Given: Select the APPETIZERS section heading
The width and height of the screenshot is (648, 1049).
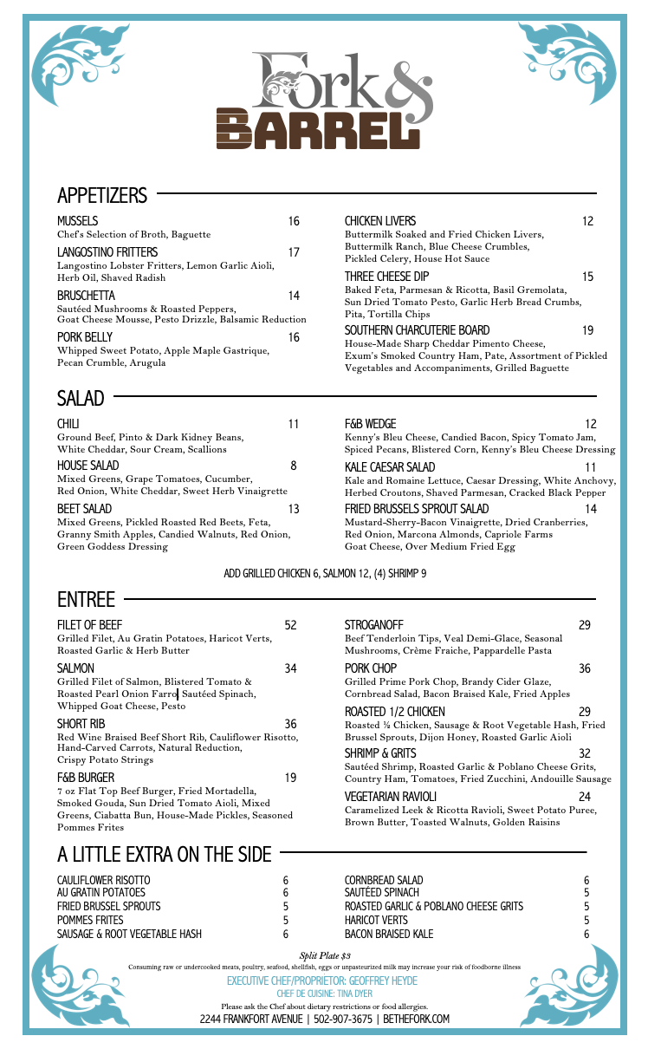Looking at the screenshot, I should [102, 195].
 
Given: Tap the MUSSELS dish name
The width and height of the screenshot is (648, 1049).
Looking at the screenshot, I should [77, 221].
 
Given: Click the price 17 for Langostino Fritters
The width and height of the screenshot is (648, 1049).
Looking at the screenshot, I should [294, 252].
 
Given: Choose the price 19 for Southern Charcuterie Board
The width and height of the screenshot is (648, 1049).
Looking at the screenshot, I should [587, 330].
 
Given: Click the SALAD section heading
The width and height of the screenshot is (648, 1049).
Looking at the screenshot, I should [81, 398].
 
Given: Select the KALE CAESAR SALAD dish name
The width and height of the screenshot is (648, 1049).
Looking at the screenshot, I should [390, 467].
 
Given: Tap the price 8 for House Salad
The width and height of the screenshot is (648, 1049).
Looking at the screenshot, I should [294, 466].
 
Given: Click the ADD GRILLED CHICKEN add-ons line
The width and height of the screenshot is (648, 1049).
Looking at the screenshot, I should [325, 574].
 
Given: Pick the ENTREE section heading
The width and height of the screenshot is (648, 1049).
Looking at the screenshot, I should [86, 599].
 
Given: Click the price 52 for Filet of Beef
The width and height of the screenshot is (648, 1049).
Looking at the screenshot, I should [290, 625].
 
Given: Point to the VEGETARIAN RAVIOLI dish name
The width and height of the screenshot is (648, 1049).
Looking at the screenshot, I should [391, 797].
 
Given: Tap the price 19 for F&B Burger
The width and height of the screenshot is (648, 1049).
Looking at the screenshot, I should [290, 778].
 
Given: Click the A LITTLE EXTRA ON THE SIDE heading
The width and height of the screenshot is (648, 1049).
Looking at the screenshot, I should [165, 854].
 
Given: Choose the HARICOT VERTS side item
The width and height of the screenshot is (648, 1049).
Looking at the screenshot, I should [376, 920].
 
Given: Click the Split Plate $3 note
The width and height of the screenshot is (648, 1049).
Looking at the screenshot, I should [325, 955].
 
